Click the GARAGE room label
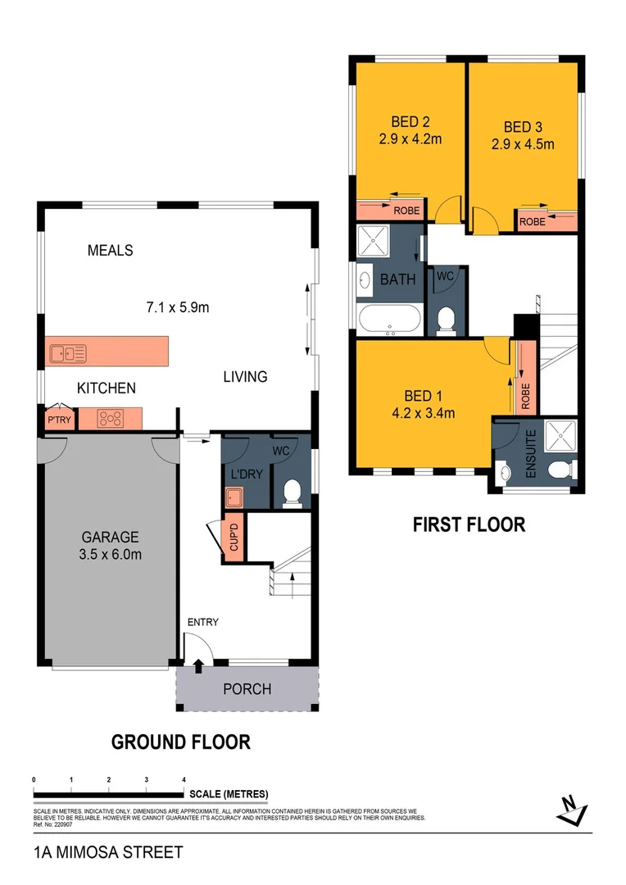point(111,538)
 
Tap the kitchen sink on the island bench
point(68,354)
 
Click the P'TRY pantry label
point(58,420)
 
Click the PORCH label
point(247,689)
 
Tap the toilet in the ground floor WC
point(291,492)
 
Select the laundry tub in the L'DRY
point(233,497)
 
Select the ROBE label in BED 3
point(533,221)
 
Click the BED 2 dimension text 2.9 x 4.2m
point(410,139)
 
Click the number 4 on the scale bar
point(184,779)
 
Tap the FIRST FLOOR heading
point(469,524)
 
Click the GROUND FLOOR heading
point(180,742)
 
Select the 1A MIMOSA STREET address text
point(108,853)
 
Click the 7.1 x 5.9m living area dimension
point(178,308)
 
